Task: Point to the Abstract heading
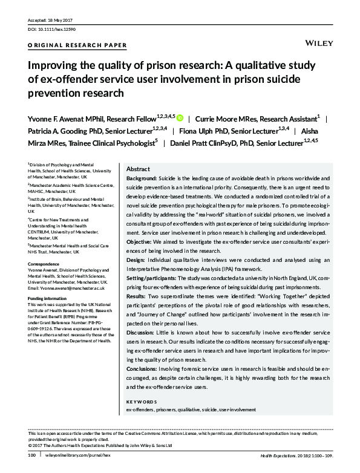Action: tap(138, 171)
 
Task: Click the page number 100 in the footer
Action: tap(32, 455)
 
